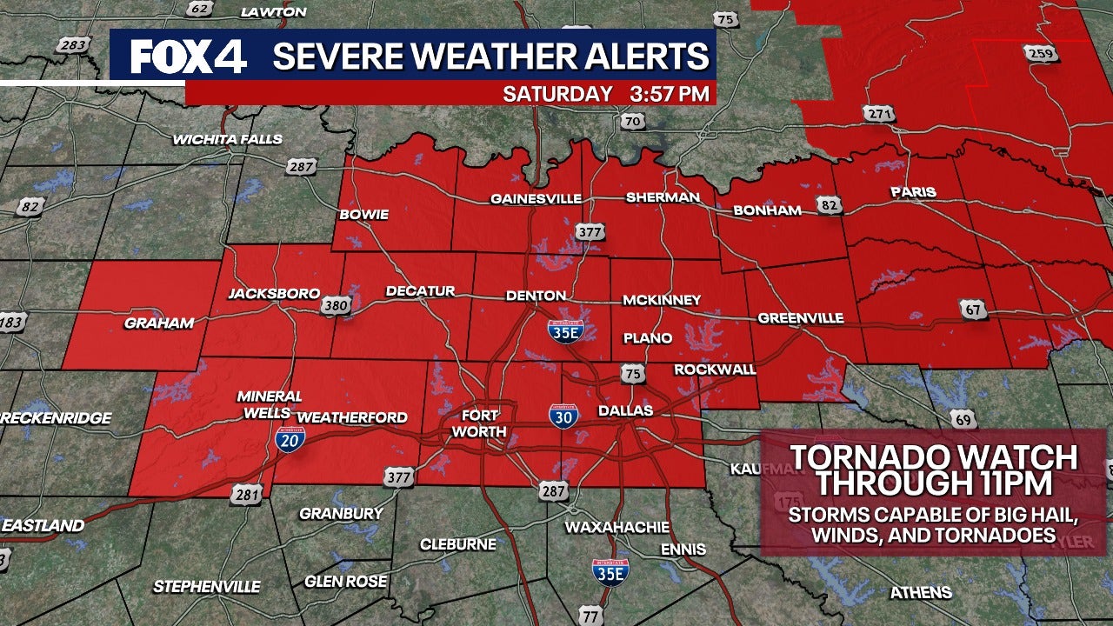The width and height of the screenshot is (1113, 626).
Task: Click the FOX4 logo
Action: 188,57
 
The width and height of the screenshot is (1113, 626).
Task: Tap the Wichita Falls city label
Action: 215,139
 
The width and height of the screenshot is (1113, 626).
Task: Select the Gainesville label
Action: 536,199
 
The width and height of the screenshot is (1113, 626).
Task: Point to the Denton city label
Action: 536,296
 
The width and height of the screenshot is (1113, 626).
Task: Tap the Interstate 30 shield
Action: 563,416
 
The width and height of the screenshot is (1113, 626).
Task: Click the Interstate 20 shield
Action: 290,439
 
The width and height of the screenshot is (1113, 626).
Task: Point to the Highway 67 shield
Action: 972,307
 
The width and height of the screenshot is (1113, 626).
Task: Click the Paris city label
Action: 913,192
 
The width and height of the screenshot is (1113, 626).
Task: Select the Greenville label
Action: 800,318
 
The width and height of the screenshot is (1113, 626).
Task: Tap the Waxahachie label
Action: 617,527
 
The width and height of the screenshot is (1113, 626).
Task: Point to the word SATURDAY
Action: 557,93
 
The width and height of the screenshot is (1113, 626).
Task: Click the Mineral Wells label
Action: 270,404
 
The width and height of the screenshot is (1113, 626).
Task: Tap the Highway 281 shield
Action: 245,495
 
